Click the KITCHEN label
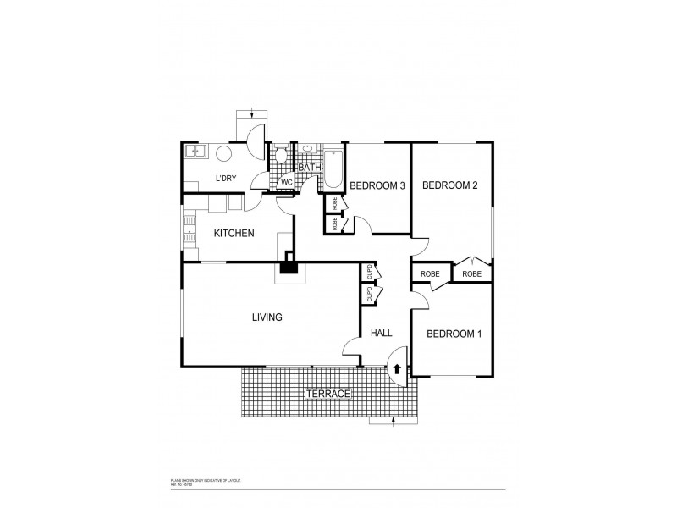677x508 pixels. [234, 233]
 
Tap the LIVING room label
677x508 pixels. [267, 317]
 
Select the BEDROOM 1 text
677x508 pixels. [454, 334]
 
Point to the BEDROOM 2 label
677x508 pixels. [450, 185]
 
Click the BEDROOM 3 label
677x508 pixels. [377, 186]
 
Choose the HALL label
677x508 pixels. [382, 334]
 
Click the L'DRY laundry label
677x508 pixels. [225, 179]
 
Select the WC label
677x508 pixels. [286, 182]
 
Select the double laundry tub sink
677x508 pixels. [198, 152]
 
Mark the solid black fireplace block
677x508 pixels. [290, 268]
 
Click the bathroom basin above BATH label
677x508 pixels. [308, 150]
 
